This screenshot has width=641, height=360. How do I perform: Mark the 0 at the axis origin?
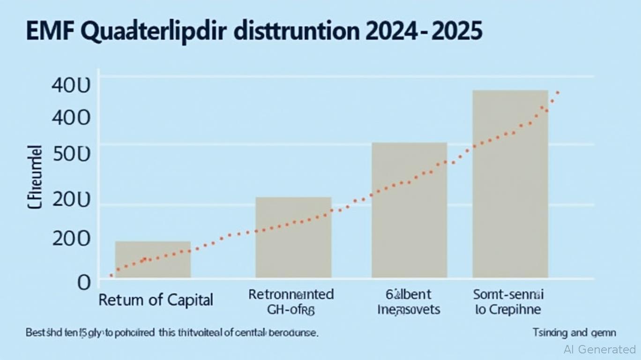83,282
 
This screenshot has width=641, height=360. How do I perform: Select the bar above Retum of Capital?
153,259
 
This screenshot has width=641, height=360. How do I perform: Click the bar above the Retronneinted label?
293,237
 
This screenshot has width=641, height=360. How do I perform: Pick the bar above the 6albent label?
409,210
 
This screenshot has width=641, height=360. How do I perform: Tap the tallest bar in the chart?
510,184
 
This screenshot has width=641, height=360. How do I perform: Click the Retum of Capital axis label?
156,300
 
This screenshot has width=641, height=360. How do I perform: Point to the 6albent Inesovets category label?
409,302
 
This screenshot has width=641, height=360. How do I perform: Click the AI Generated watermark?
600,349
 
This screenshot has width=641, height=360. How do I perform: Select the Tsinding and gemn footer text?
574,333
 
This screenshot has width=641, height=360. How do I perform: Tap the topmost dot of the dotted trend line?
557,93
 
